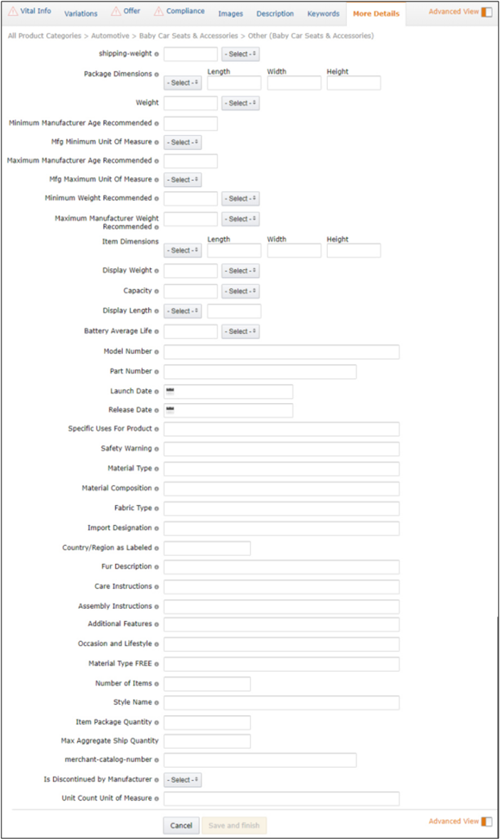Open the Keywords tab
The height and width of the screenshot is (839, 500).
tap(323, 14)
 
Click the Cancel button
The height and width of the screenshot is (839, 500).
tap(181, 825)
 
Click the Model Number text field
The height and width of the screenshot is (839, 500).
tap(281, 352)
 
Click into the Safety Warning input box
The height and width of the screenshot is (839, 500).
tap(281, 449)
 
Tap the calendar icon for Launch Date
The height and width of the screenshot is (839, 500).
tap(169, 391)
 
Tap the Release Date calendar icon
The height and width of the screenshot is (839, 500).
tap(169, 410)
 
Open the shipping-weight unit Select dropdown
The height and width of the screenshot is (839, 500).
tap(240, 54)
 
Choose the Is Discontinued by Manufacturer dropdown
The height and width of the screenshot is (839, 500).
tap(183, 780)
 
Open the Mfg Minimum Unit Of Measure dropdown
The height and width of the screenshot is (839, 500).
tap(183, 142)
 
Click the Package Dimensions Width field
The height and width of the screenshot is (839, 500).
tap(294, 83)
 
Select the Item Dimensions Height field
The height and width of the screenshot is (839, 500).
tap(353, 250)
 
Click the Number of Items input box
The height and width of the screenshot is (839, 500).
tap(207, 684)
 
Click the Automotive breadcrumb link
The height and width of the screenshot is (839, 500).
tap(110, 36)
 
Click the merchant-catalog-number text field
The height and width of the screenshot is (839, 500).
tap(260, 761)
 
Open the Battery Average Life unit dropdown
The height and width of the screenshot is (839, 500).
tap(240, 331)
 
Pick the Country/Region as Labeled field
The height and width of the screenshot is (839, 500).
tap(207, 548)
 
